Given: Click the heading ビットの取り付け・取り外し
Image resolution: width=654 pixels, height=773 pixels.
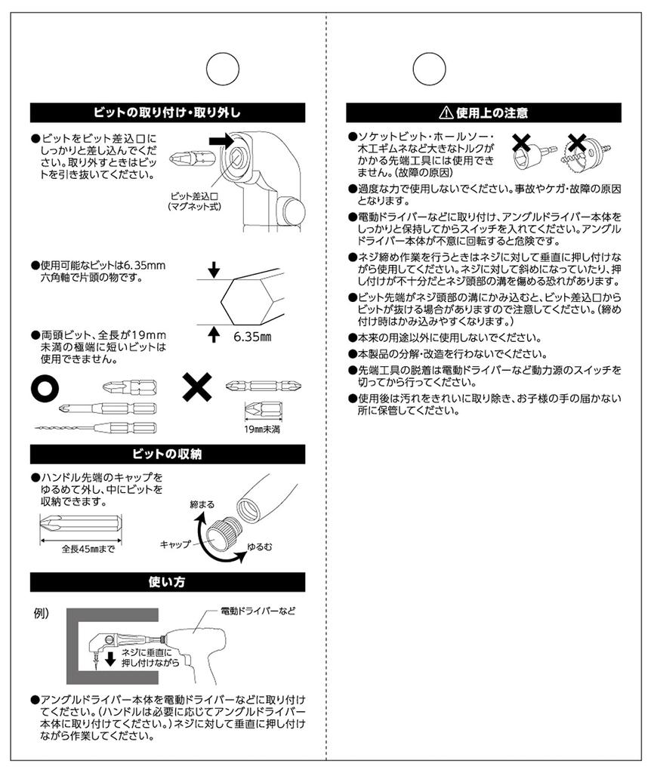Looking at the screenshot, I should coord(167,113).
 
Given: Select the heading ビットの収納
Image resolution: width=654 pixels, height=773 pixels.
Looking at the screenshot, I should coord(167,454).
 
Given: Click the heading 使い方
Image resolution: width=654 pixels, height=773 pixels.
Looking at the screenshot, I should coord(167,582).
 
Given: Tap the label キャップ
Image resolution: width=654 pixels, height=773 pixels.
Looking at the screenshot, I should coord(175,544).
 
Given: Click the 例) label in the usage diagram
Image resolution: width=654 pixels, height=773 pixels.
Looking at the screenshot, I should coord(42,613).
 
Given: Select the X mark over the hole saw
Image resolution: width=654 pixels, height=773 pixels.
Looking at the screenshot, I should coord(578,142).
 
